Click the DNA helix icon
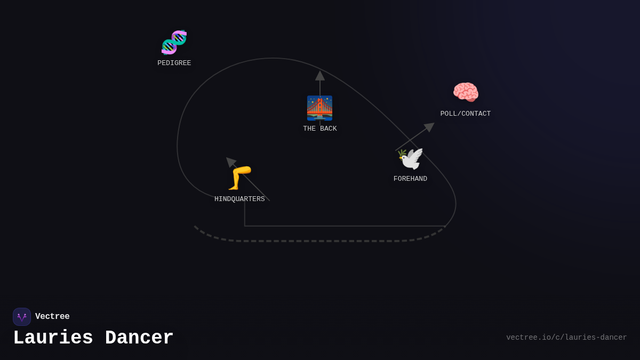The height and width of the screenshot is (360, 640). click(x=174, y=43)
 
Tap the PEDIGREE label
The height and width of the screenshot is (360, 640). click(x=174, y=63)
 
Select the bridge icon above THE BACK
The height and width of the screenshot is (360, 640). click(x=319, y=108)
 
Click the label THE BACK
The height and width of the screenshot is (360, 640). click(x=320, y=129)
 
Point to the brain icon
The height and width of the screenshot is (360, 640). click(x=466, y=92)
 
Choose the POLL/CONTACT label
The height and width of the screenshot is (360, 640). click(x=465, y=114)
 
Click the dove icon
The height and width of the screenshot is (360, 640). click(x=411, y=159)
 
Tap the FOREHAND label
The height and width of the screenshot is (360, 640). click(x=410, y=179)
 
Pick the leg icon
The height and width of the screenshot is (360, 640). click(x=239, y=178)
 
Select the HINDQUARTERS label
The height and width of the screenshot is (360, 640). click(x=239, y=199)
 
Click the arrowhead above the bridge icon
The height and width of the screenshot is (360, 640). click(x=320, y=76)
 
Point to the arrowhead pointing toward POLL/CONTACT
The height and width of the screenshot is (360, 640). click(x=429, y=127)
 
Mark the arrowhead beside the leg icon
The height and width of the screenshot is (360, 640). click(x=230, y=162)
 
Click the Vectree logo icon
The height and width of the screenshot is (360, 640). click(x=22, y=317)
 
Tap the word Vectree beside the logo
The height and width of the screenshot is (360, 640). click(x=52, y=317)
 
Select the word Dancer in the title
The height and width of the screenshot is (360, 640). click(x=139, y=338)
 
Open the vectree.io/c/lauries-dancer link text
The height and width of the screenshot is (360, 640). click(x=566, y=338)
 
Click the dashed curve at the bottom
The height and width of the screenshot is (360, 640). click(x=320, y=241)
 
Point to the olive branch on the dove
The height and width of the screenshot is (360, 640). click(x=402, y=155)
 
